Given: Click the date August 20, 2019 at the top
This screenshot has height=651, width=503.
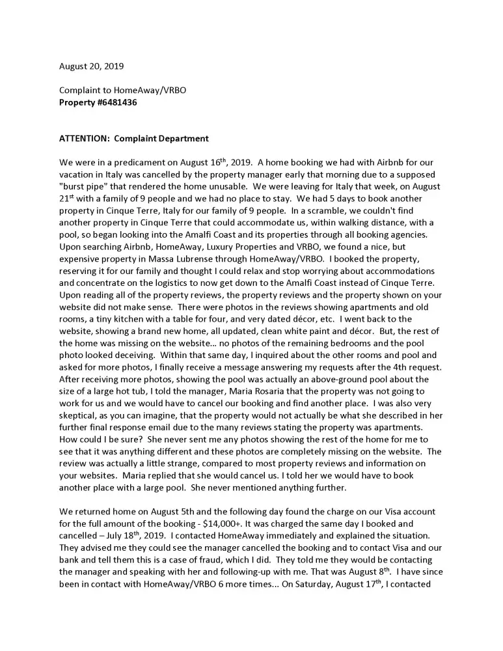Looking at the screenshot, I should tap(92, 66).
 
